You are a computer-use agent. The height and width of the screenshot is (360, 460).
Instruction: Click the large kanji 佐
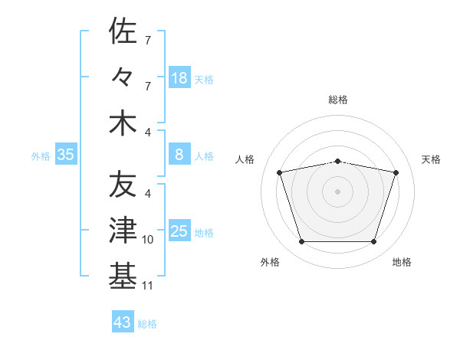pos(123,31)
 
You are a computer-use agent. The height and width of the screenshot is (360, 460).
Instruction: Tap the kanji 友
pos(123,184)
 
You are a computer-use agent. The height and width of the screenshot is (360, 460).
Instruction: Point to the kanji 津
pos(123,230)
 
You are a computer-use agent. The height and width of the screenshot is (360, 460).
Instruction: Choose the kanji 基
pos(123,276)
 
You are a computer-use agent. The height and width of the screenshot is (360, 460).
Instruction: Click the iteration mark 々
pos(121,77)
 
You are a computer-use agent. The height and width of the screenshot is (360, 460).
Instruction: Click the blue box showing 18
pos(180,77)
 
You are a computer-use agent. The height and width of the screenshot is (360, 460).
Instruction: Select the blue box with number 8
pos(180,154)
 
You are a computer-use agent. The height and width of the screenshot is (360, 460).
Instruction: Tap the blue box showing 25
pos(180,230)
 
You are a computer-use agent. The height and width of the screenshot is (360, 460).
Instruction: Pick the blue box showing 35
pos(66,154)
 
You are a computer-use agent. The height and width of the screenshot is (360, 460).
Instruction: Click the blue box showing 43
pos(123,321)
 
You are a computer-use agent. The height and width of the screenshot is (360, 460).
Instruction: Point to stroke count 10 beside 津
pos(147,240)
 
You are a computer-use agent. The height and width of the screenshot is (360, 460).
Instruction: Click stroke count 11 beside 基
pos(147,286)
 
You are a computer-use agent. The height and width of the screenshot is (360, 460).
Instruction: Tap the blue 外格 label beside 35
pos(41,156)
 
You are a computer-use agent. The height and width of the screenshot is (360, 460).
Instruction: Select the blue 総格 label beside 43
pos(147,324)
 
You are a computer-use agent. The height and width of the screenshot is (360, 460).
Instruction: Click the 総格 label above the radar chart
pos(338,100)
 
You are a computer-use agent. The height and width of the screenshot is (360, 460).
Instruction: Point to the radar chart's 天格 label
pos(431,159)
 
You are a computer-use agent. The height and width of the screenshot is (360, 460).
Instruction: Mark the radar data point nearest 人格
pos(280,172)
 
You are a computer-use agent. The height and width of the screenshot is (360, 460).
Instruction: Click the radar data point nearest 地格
pos(374,242)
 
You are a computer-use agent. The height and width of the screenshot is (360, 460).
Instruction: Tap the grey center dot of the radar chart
pos(337,191)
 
